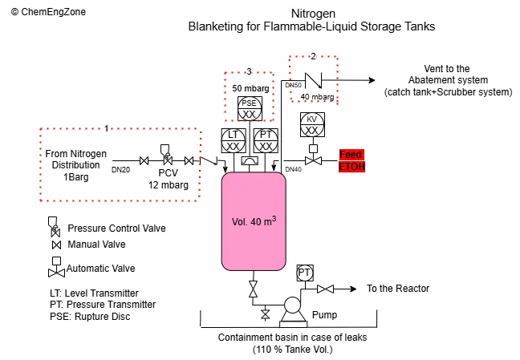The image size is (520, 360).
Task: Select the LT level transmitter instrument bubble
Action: click(233, 141)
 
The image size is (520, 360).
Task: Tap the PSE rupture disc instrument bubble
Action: click(249, 108)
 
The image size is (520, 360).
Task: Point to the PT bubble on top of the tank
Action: click(266, 141)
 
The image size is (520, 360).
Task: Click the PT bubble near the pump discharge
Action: click(304, 273)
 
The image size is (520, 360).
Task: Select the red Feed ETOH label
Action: click(351, 160)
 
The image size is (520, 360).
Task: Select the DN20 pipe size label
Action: click(120, 169)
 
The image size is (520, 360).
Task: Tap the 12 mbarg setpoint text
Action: click(168, 184)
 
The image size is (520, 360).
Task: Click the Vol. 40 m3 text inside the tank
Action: click(254, 220)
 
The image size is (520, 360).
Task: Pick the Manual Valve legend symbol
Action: click(55, 245)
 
